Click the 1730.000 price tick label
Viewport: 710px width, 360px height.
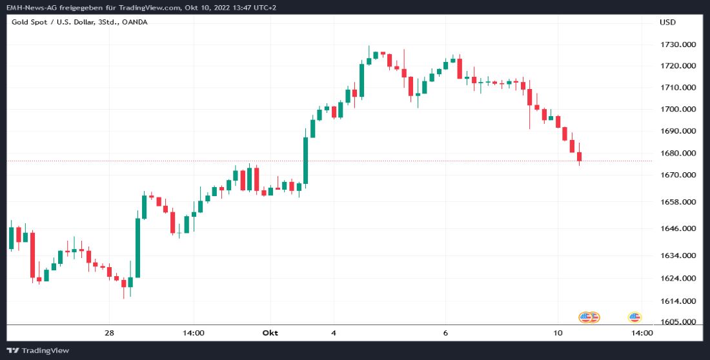coord(678,45)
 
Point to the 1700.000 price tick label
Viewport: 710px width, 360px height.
coord(678,109)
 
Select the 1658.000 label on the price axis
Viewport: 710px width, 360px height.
coord(678,202)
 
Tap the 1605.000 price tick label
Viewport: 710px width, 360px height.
coord(678,322)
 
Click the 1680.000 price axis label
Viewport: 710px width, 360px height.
coord(678,154)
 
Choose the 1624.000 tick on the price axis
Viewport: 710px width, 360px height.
coord(678,279)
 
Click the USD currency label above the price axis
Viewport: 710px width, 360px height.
coord(667,22)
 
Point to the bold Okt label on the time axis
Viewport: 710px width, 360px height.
coord(270,333)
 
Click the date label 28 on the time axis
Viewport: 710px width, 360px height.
coord(110,333)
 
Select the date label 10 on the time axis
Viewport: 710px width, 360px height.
coord(558,333)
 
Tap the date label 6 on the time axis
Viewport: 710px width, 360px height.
coord(445,333)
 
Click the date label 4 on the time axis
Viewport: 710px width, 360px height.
coord(333,333)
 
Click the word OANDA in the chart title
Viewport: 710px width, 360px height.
coord(135,22)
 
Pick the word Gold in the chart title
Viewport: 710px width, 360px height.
coord(20,22)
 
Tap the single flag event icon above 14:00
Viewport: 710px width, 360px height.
coord(634,317)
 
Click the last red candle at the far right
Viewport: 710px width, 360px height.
coord(580,157)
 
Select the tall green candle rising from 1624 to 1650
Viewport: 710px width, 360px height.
coord(137,248)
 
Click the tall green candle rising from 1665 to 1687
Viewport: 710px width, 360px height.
coord(306,161)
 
